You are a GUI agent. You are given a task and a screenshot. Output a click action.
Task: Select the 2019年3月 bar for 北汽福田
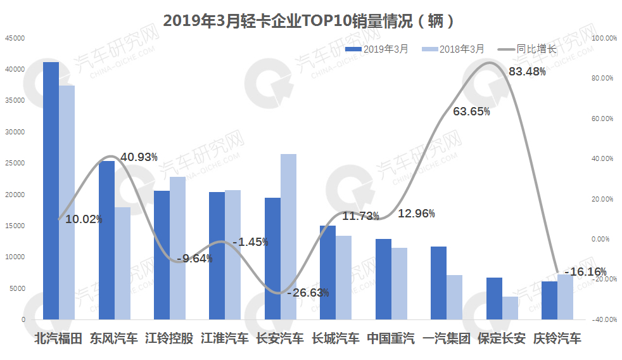(x=51, y=190)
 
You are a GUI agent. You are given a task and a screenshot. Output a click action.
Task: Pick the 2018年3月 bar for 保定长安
(x=510, y=308)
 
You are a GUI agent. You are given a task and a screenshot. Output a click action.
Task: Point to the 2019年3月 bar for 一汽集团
(x=438, y=283)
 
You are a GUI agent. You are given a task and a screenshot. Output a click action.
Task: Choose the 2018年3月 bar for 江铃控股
(x=177, y=248)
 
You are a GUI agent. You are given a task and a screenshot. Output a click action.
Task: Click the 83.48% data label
(x=527, y=72)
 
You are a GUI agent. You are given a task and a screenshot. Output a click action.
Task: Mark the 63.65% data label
(x=471, y=112)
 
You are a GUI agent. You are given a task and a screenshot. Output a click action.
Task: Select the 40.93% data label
(x=139, y=157)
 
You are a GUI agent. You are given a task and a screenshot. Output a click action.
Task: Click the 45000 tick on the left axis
(x=15, y=38)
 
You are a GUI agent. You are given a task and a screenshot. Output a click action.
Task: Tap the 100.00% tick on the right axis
(x=603, y=38)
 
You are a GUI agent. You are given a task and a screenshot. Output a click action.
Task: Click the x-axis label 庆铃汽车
(x=557, y=338)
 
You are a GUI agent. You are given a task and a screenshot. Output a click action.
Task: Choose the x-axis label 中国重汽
(x=391, y=338)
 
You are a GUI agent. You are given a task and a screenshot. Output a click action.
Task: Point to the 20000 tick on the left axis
(x=15, y=195)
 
